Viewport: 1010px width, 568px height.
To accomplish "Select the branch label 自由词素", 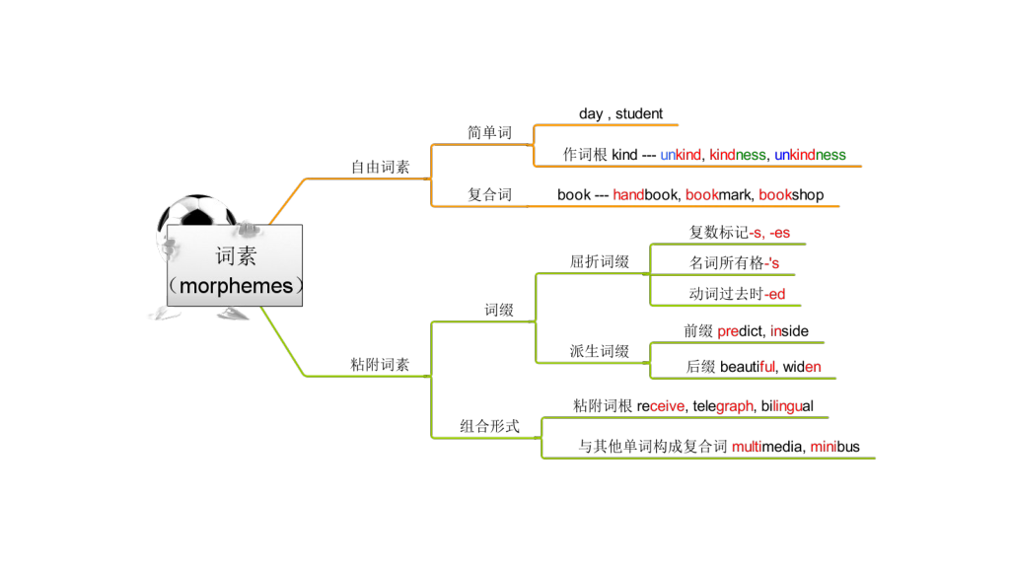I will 381,168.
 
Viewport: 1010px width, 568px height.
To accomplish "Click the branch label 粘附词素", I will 381,365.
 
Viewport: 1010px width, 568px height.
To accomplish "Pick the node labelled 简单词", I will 489,133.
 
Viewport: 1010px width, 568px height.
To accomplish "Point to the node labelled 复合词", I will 489,195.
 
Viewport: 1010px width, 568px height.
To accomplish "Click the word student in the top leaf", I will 639,114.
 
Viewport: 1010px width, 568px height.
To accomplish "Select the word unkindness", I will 810,155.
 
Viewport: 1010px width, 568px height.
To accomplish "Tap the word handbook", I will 645,195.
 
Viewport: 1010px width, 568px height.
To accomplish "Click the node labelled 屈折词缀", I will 600,262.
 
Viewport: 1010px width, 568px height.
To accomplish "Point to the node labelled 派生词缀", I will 600,352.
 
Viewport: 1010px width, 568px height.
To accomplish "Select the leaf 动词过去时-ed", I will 737,294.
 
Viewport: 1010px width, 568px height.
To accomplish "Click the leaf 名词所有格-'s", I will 734,263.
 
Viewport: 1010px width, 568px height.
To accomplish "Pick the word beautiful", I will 748,368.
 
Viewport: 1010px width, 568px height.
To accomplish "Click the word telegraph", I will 723,406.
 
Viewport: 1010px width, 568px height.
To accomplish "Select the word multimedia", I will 766,447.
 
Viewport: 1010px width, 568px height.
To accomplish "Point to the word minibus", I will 834,447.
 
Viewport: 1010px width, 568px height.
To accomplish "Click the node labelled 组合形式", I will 489,427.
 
